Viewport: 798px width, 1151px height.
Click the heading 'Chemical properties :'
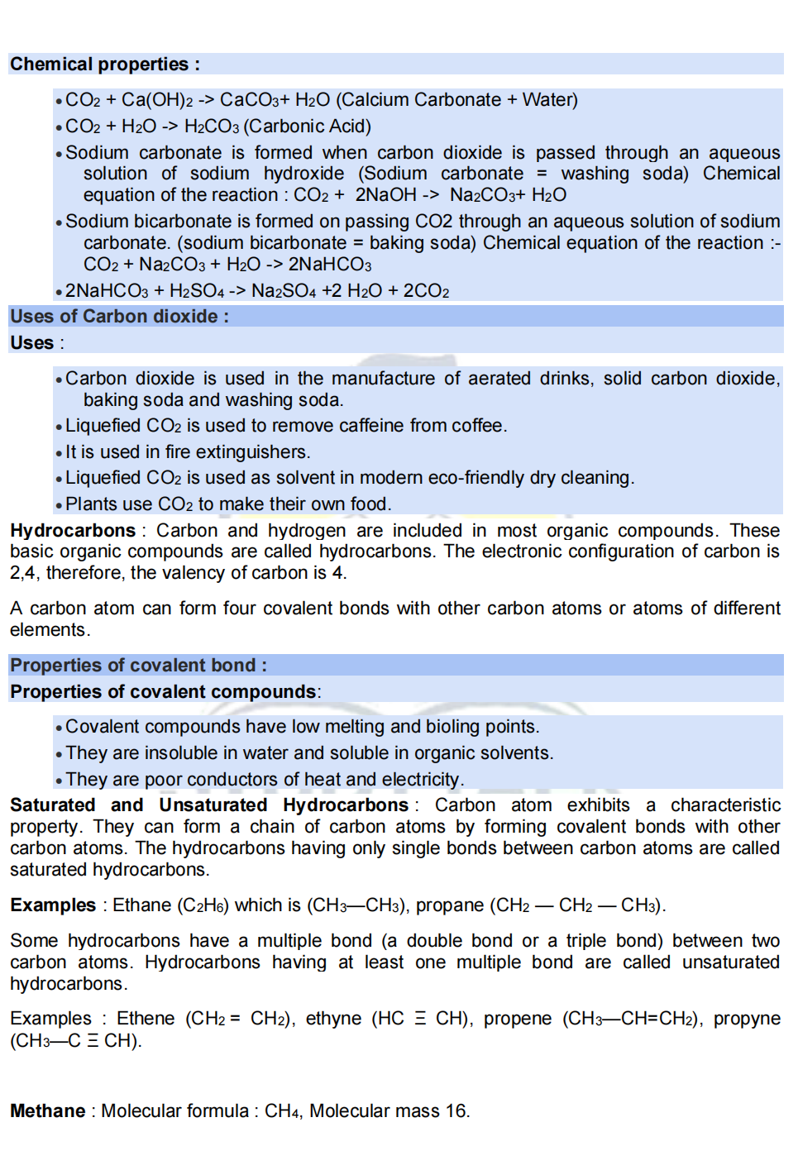click(104, 64)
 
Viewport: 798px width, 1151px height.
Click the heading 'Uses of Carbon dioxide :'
click(119, 317)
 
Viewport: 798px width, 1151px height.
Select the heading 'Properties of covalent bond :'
click(138, 666)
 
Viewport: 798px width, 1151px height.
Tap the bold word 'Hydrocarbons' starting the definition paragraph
click(73, 531)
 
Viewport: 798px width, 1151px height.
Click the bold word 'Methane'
click(48, 1111)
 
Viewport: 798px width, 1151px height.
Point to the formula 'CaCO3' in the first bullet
click(249, 100)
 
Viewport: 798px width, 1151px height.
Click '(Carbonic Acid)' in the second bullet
click(308, 127)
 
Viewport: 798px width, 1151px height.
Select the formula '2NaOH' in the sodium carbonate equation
click(385, 195)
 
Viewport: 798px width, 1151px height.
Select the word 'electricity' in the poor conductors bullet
click(420, 780)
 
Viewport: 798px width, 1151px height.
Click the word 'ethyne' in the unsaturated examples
click(333, 1019)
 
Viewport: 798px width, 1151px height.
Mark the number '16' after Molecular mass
click(456, 1111)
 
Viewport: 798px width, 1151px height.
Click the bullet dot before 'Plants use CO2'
click(59, 506)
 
